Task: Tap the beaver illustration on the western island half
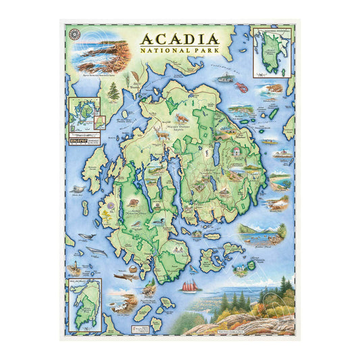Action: pyautogui.click(x=133, y=203)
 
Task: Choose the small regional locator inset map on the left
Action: pyautogui.click(x=84, y=112)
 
